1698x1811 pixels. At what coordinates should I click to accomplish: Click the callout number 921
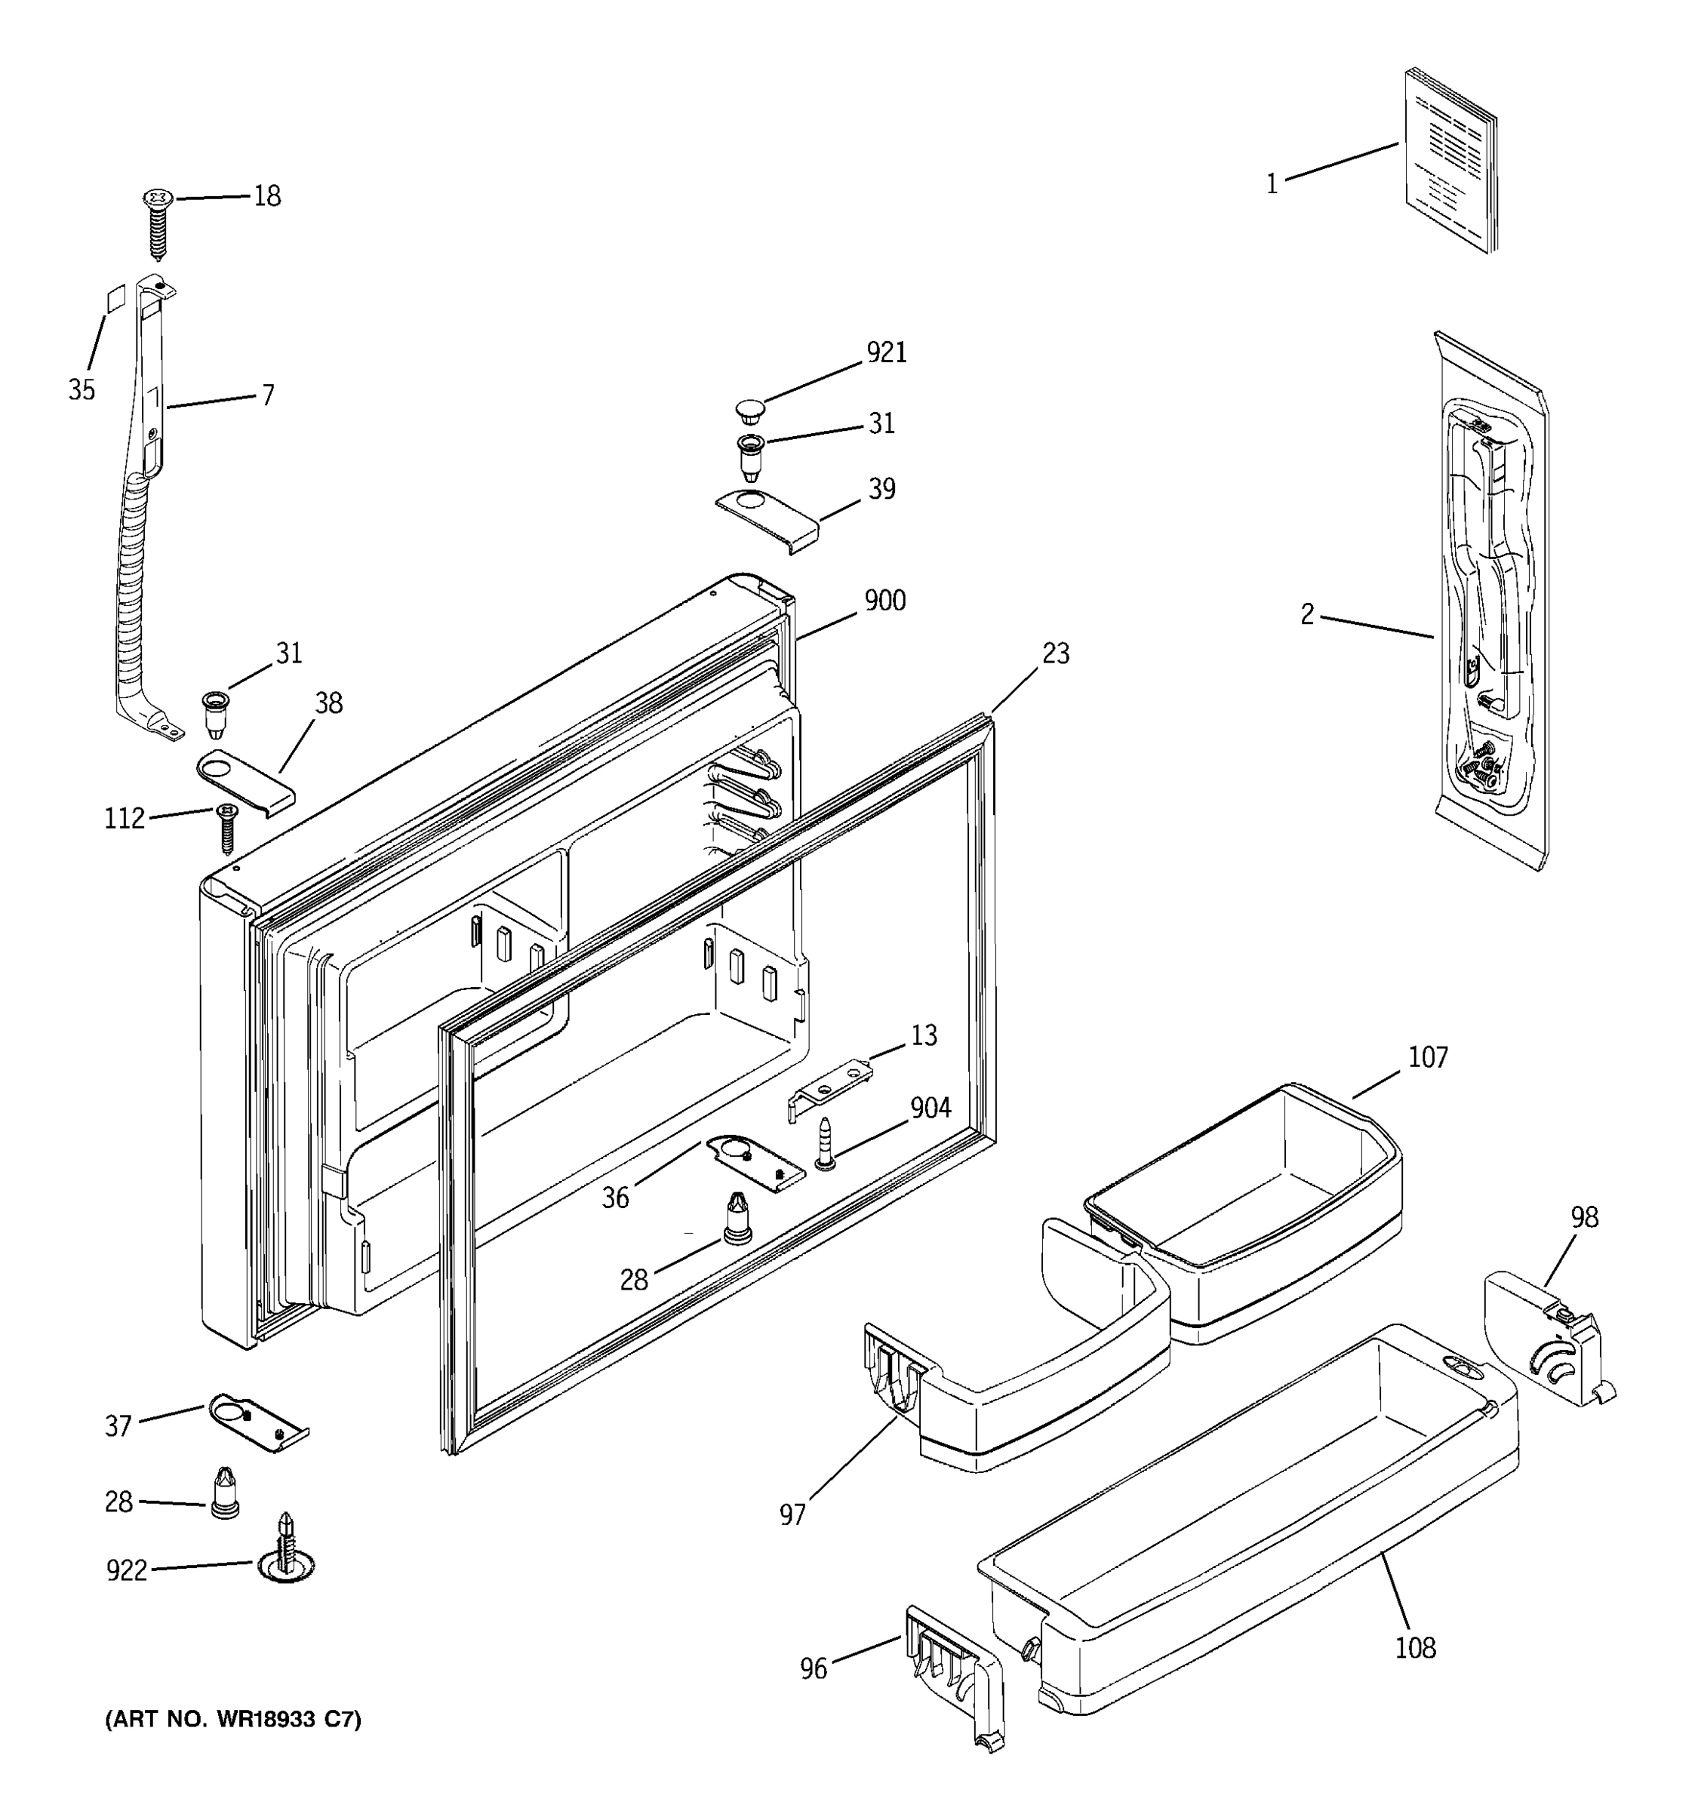[x=885, y=352]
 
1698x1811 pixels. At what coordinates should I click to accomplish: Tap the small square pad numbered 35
[x=114, y=298]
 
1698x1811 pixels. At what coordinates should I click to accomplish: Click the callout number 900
[x=884, y=601]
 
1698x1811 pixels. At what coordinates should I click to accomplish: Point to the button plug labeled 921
[x=749, y=410]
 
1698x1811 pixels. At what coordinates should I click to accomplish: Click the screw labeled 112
[x=226, y=827]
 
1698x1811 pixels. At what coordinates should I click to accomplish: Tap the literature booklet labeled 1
[x=1449, y=159]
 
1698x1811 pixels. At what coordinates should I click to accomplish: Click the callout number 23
[x=1056, y=654]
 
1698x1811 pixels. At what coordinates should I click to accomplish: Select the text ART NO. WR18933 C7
[x=234, y=1720]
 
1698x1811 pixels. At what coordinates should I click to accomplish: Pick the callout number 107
[x=1427, y=1058]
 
